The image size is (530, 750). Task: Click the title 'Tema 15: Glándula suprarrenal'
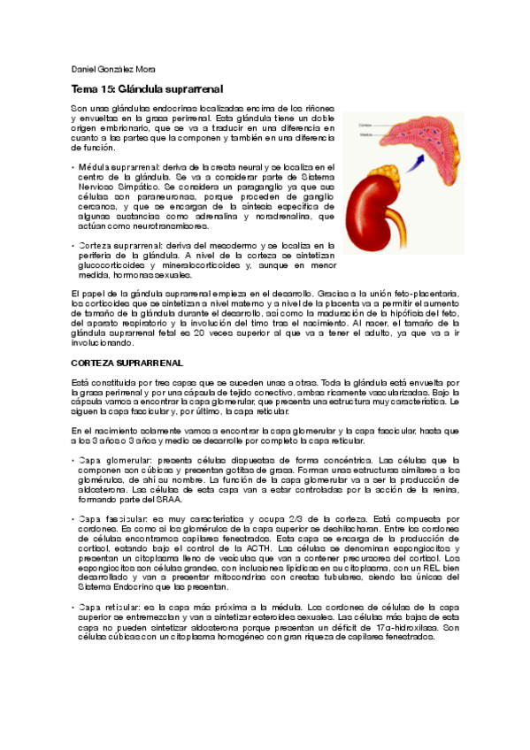click(x=147, y=89)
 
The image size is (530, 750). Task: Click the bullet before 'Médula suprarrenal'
click(x=73, y=166)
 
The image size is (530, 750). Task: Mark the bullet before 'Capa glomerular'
click(x=73, y=461)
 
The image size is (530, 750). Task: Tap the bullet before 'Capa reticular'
click(x=73, y=607)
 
